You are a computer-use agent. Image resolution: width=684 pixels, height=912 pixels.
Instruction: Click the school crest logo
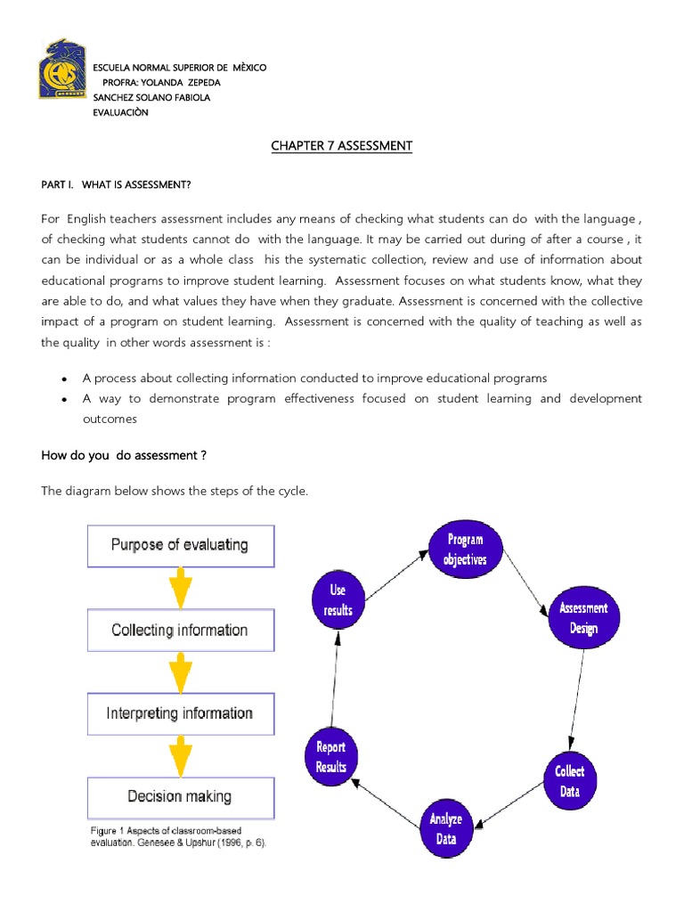(x=63, y=69)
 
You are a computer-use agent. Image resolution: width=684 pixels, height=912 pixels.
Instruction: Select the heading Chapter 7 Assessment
(x=341, y=145)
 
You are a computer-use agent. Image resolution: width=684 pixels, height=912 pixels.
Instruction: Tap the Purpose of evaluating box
(x=181, y=546)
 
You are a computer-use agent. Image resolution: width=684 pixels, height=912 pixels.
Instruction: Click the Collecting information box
(x=181, y=630)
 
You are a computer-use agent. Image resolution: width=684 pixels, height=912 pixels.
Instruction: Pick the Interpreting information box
(x=181, y=713)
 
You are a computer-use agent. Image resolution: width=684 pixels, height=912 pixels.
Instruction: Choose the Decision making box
(x=181, y=797)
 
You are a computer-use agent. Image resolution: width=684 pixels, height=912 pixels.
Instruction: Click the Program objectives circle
(x=465, y=549)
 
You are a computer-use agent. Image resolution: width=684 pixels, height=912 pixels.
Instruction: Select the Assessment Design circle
(x=584, y=618)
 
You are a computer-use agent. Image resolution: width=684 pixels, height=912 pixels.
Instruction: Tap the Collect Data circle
(x=570, y=781)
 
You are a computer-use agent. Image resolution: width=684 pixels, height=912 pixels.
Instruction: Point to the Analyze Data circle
(x=446, y=829)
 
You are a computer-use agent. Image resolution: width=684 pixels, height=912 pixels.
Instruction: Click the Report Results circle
(x=331, y=757)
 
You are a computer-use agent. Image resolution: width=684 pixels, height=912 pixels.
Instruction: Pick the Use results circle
(x=338, y=599)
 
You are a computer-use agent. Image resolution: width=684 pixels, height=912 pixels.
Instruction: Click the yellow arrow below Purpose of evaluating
(x=181, y=588)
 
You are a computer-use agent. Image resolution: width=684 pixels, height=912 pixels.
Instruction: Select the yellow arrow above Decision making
(x=181, y=756)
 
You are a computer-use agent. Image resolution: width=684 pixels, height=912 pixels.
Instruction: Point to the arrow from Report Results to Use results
(x=335, y=679)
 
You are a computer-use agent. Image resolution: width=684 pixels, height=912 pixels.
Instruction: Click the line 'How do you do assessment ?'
(x=123, y=455)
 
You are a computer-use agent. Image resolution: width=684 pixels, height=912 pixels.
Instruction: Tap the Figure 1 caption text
(x=178, y=836)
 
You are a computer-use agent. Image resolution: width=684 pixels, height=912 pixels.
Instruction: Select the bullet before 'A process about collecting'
(x=64, y=379)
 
